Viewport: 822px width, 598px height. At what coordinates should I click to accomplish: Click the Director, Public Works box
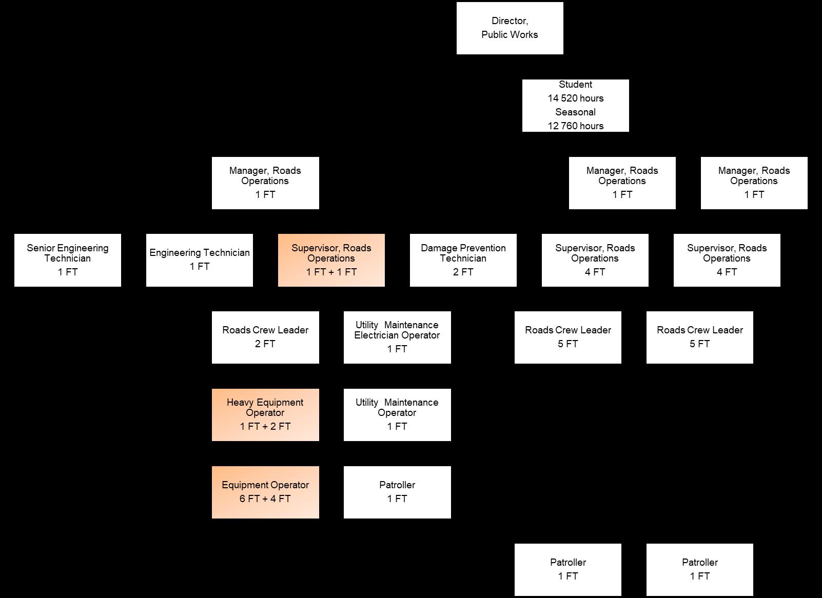tap(510, 28)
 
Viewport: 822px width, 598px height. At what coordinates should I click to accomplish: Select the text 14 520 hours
tap(575, 98)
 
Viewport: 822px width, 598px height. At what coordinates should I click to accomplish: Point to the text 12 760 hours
tap(575, 126)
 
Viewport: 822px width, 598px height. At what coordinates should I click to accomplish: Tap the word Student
tap(575, 84)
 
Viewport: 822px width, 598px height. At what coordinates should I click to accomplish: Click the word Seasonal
tap(575, 112)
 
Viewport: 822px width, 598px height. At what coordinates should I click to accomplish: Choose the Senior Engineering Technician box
tap(68, 260)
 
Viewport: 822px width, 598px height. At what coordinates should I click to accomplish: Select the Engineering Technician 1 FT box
tap(200, 260)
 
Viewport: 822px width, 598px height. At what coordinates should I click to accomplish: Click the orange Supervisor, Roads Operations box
tap(331, 260)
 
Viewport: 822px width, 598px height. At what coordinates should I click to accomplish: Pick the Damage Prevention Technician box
tap(463, 260)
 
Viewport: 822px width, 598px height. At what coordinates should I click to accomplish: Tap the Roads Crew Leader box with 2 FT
tap(265, 337)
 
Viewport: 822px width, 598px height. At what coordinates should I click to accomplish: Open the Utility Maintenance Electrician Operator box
tap(397, 337)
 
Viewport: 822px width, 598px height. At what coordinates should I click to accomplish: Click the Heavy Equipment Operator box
tap(265, 414)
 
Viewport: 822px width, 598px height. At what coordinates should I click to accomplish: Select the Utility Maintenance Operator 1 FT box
tap(397, 414)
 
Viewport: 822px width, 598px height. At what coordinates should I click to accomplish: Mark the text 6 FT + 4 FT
tap(265, 499)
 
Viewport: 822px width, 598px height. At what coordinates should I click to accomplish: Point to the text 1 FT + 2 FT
tap(265, 426)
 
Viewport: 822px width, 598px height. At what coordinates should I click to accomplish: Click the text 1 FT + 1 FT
tap(331, 272)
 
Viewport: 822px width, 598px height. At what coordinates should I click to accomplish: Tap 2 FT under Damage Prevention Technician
tap(463, 272)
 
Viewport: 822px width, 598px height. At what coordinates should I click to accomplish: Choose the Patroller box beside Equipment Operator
tap(397, 492)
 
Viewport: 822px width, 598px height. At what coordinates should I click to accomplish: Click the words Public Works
tap(510, 35)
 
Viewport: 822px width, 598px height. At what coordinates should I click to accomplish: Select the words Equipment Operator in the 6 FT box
tap(265, 485)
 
